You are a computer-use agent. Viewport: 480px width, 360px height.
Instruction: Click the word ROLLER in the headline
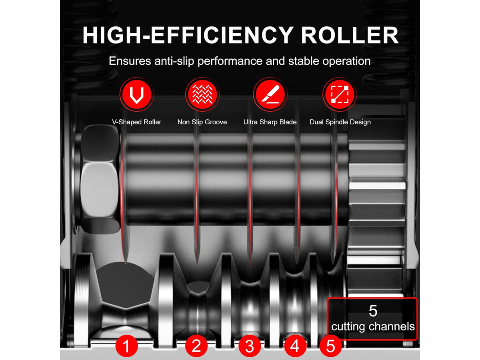tap(350, 35)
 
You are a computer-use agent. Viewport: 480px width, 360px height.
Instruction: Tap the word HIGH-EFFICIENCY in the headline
tap(188, 35)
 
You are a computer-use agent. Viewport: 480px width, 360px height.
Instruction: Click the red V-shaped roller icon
tap(137, 94)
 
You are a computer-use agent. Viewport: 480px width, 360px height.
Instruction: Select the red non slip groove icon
tap(202, 94)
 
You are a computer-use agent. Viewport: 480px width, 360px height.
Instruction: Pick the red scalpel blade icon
tap(270, 94)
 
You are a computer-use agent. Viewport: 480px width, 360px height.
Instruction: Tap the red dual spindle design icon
tap(340, 94)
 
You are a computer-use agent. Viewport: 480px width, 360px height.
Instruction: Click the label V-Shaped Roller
tap(137, 122)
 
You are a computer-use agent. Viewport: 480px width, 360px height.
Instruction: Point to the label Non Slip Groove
tap(202, 122)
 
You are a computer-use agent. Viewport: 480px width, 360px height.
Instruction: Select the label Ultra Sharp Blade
tap(270, 122)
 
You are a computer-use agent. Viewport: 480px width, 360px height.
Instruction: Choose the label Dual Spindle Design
tap(340, 122)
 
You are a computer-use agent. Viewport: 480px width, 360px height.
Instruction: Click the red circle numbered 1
tap(127, 346)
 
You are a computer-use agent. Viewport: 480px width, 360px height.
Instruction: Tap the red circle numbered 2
tap(196, 346)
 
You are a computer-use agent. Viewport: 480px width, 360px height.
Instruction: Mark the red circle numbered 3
tap(250, 346)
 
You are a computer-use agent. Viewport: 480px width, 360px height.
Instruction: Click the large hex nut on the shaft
tap(100, 179)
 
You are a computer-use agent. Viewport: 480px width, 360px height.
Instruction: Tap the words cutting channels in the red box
tap(373, 327)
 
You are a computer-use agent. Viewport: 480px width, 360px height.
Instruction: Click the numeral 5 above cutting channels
tap(373, 311)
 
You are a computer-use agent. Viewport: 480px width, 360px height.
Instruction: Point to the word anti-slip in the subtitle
tap(174, 61)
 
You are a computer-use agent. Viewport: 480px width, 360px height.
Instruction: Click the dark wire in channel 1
tap(125, 284)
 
